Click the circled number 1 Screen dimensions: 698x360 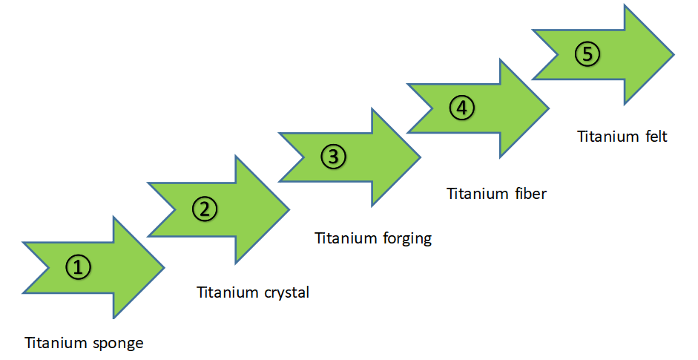pos(79,267)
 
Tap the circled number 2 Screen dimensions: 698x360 pos(205,209)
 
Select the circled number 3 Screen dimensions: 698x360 pos(333,157)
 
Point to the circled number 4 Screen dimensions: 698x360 pos(462,108)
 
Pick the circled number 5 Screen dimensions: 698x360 pos(587,54)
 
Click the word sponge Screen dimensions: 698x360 pos(119,344)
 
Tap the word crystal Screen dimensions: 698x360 pos(286,293)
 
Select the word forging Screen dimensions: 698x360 pos(407,239)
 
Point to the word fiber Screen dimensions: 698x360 pos(530,194)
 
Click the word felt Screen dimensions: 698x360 pos(657,136)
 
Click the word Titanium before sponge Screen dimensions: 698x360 pos(56,343)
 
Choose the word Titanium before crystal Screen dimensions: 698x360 pos(228,292)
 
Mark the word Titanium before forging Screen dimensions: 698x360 pos(346,238)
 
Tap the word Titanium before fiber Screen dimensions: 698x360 pos(478,194)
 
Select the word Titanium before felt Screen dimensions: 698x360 pos(608,136)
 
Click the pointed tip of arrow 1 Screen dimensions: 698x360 pos(164,267)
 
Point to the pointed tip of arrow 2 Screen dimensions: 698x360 pos(290,209)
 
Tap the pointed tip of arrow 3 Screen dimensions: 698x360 pos(421,157)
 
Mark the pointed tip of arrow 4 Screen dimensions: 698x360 pos(549,108)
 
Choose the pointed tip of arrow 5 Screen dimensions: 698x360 pos(674,55)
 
